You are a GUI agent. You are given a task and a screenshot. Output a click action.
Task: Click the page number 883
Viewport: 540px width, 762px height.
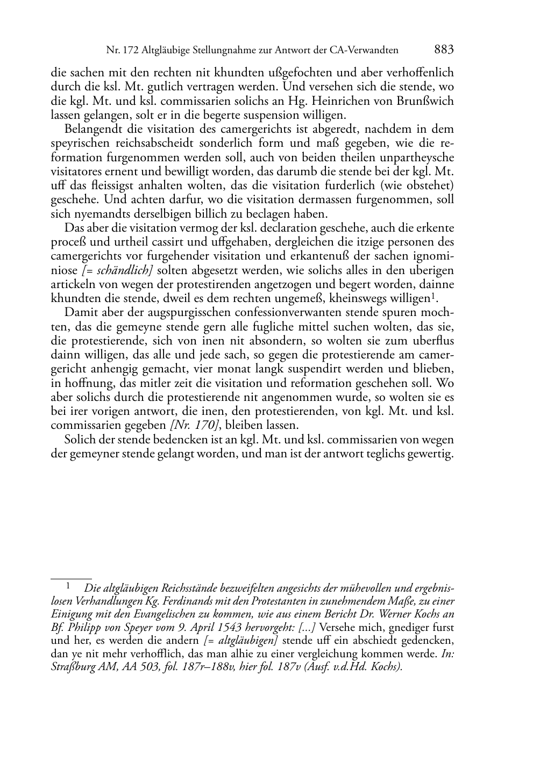tap(444, 50)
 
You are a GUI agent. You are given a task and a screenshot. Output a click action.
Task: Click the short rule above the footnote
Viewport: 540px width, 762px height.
tap(71, 579)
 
